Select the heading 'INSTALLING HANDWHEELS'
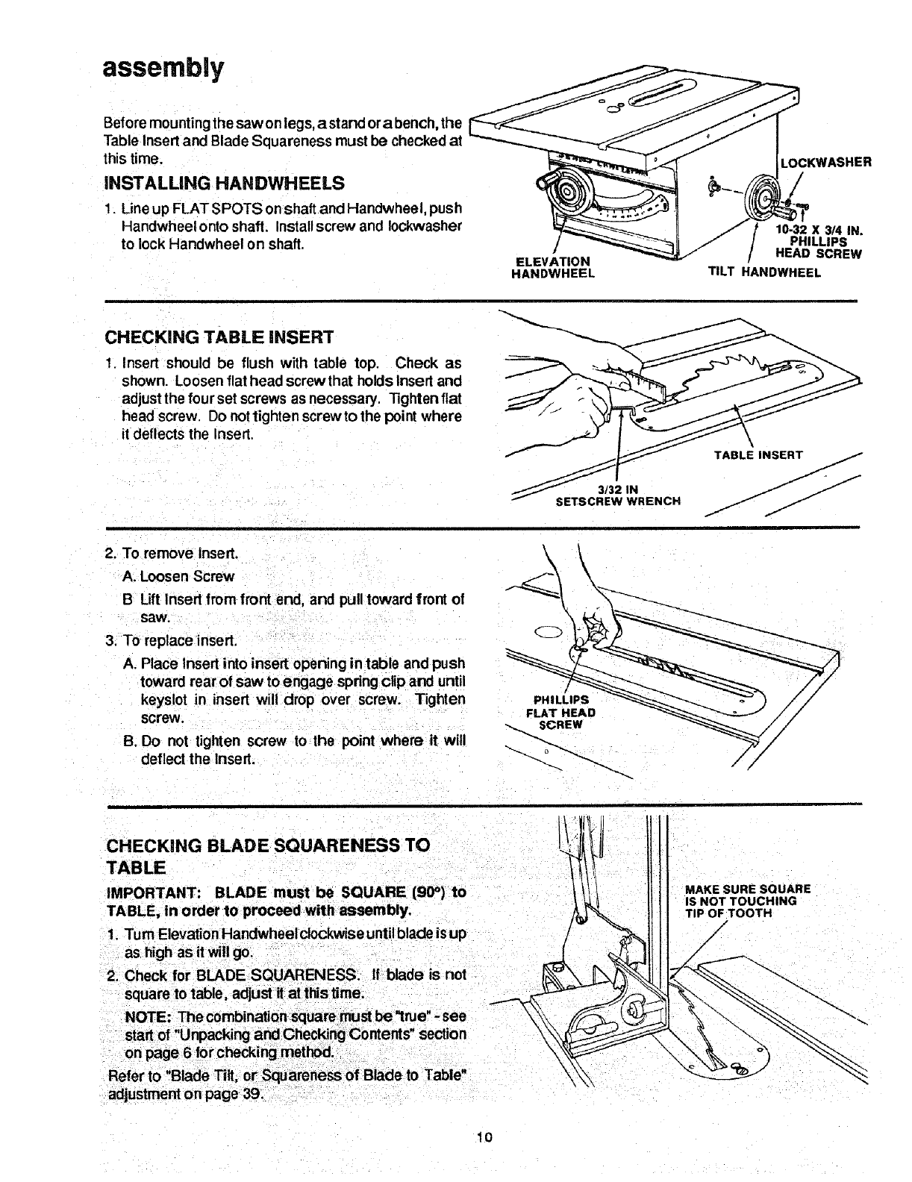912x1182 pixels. pyautogui.click(x=226, y=183)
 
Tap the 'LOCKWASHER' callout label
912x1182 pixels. pyautogui.click(x=825, y=162)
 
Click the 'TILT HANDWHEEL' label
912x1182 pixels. pyautogui.click(x=764, y=272)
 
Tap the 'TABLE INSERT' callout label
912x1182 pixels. pyautogui.click(x=758, y=454)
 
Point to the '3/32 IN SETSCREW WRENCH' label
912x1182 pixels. pyautogui.click(x=619, y=495)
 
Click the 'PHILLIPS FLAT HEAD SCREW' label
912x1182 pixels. pyautogui.click(x=560, y=712)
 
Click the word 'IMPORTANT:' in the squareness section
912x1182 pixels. pyautogui.click(x=153, y=893)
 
